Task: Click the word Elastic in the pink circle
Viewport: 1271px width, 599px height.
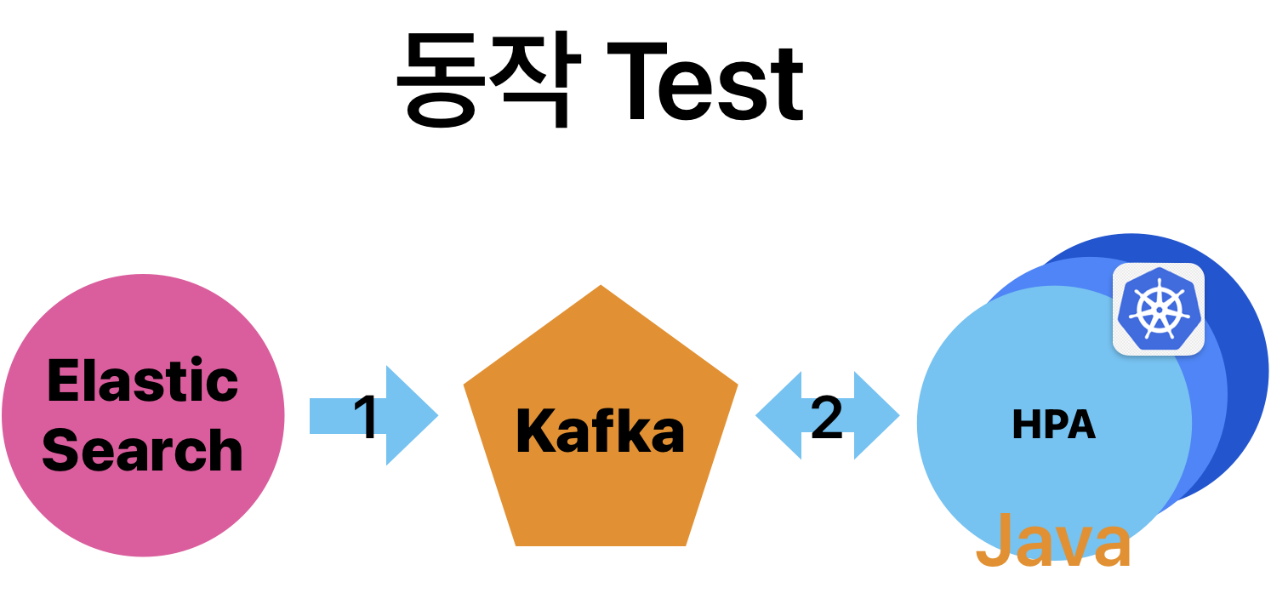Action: click(143, 380)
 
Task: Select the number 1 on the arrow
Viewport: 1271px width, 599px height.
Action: click(365, 416)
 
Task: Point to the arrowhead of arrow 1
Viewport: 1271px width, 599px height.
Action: click(417, 416)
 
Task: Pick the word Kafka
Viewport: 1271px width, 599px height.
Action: click(600, 431)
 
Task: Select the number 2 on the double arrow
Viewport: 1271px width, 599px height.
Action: click(826, 416)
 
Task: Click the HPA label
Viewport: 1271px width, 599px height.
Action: click(1053, 425)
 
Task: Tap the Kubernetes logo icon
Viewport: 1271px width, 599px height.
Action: click(1158, 309)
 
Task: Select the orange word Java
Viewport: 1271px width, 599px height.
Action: click(1053, 541)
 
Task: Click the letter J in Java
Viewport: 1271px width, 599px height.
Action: click(992, 541)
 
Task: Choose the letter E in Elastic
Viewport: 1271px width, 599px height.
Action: click(60, 380)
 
